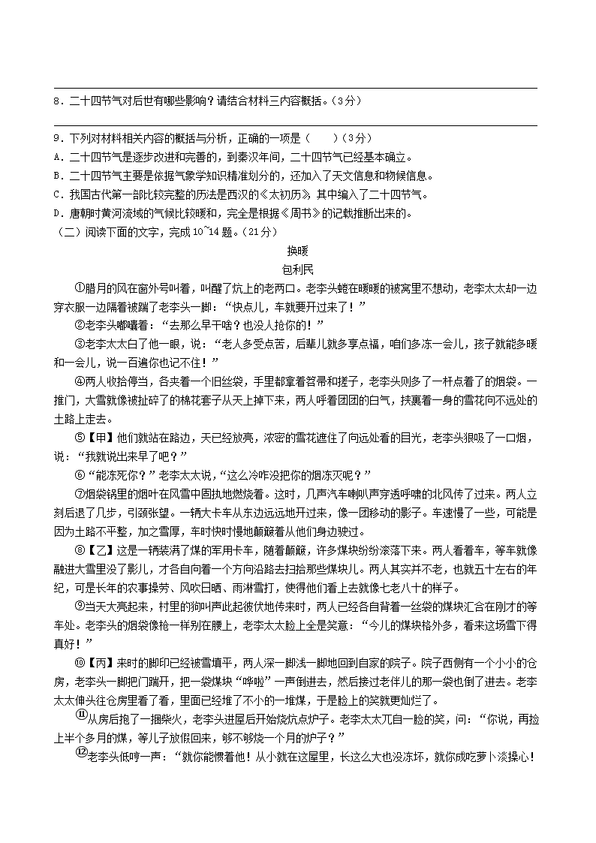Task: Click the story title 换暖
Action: [x=298, y=250]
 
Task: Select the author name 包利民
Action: [x=298, y=269]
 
